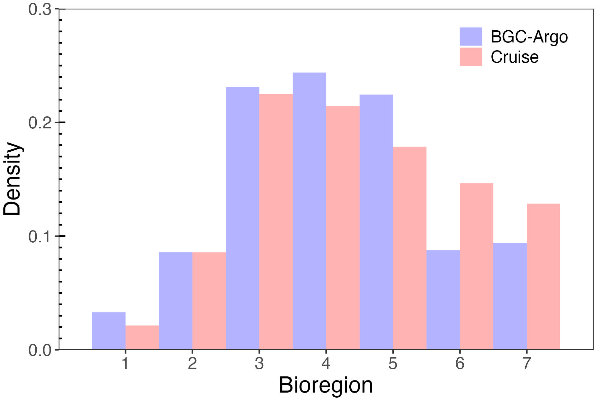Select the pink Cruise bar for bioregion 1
(x=142, y=337)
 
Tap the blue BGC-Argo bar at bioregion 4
(x=309, y=211)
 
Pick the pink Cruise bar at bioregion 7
(x=543, y=276)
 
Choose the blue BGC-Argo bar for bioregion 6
(x=443, y=300)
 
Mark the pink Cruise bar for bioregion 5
(x=410, y=248)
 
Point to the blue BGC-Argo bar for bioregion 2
(x=175, y=301)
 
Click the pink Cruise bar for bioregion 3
(x=276, y=221)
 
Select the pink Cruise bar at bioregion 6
(x=476, y=266)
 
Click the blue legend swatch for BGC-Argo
(x=470, y=36)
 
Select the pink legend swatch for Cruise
(x=470, y=57)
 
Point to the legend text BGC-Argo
(x=529, y=37)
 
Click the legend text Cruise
(x=514, y=57)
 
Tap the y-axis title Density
(x=12, y=179)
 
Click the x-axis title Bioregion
(x=326, y=385)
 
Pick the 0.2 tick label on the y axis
(x=39, y=123)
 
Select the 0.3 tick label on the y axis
(x=39, y=10)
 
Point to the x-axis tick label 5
(x=393, y=364)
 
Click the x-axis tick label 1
(x=125, y=364)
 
